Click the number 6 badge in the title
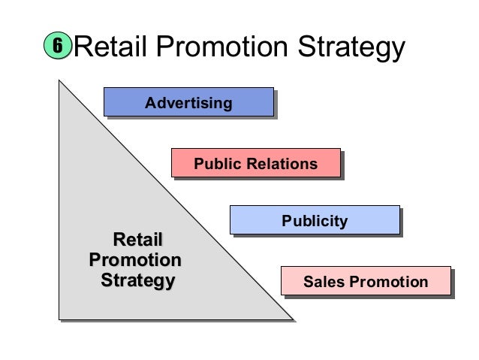(55, 48)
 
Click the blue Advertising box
(188, 102)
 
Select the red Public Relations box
(255, 163)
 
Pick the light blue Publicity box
(314, 220)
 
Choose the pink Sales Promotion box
(365, 282)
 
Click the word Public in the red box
(216, 163)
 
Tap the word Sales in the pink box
(321, 282)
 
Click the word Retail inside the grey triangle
(137, 241)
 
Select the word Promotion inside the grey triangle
(135, 261)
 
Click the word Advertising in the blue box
(188, 102)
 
